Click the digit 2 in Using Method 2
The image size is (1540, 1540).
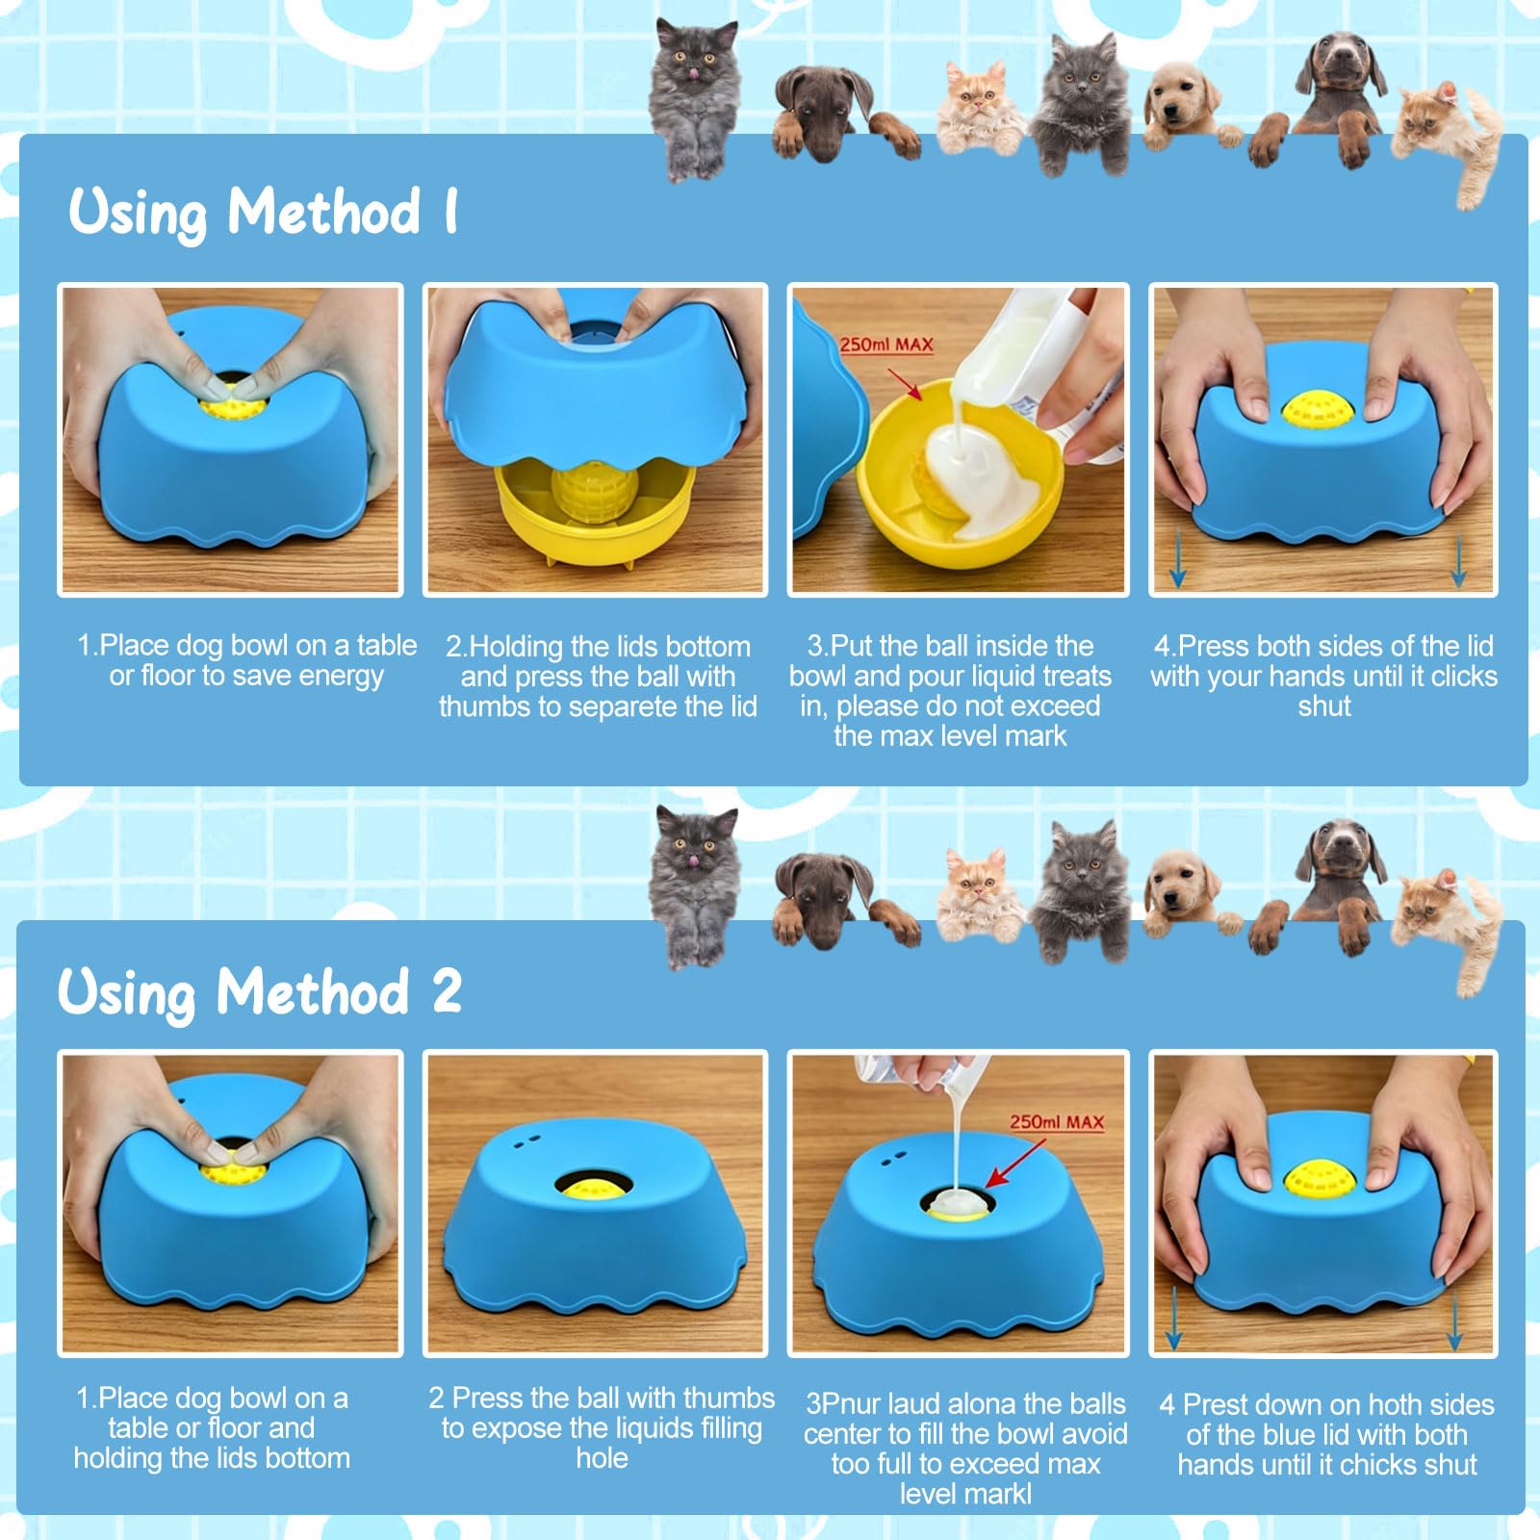point(446,990)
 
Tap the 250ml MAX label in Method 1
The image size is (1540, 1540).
point(885,345)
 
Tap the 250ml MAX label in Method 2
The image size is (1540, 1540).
point(1056,1122)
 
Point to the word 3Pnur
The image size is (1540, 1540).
point(843,1404)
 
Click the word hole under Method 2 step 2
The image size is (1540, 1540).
point(602,1458)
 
